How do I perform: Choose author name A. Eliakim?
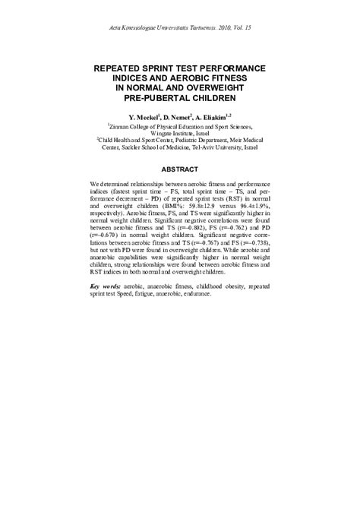click(215, 119)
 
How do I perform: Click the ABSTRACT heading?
click(179, 169)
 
